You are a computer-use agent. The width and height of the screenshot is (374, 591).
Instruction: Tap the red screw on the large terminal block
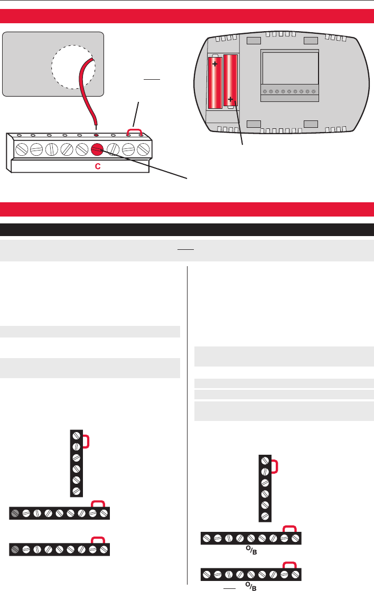click(x=97, y=149)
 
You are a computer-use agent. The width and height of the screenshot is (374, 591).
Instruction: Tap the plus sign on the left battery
click(x=215, y=64)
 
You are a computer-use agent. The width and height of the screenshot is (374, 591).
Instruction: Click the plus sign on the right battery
click(x=231, y=99)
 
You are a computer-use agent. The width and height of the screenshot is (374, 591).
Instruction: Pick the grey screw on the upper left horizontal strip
click(x=15, y=513)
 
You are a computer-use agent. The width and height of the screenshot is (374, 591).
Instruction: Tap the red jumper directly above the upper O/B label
click(x=289, y=529)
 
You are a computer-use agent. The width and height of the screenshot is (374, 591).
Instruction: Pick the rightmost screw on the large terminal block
click(x=143, y=149)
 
